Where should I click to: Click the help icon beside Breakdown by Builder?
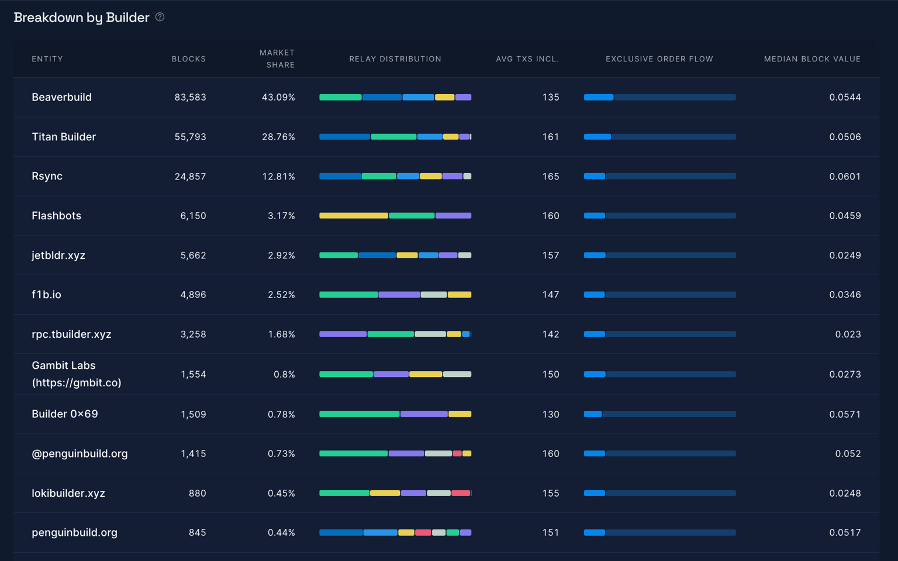tap(160, 18)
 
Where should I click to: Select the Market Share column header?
tap(277, 58)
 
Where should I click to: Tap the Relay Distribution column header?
tap(395, 59)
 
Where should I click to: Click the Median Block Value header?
tap(812, 59)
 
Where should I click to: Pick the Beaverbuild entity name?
tap(61, 97)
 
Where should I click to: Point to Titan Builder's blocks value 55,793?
tap(190, 137)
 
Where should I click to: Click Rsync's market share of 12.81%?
tap(278, 176)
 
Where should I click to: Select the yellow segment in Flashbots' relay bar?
tap(353, 216)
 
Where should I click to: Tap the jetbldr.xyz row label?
tap(58, 255)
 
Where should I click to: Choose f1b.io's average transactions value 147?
tap(550, 295)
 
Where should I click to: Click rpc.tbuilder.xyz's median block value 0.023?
tap(848, 334)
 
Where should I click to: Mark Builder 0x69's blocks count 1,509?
tap(193, 414)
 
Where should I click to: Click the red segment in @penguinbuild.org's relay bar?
tap(457, 453)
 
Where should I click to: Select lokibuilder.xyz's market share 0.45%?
tap(281, 493)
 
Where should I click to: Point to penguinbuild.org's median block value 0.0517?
tap(845, 532)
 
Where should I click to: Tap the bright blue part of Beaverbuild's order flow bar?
tap(599, 97)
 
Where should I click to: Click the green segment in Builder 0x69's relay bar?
tap(359, 414)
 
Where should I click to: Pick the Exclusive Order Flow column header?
tap(659, 59)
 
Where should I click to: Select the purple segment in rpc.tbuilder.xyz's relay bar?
tap(343, 334)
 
